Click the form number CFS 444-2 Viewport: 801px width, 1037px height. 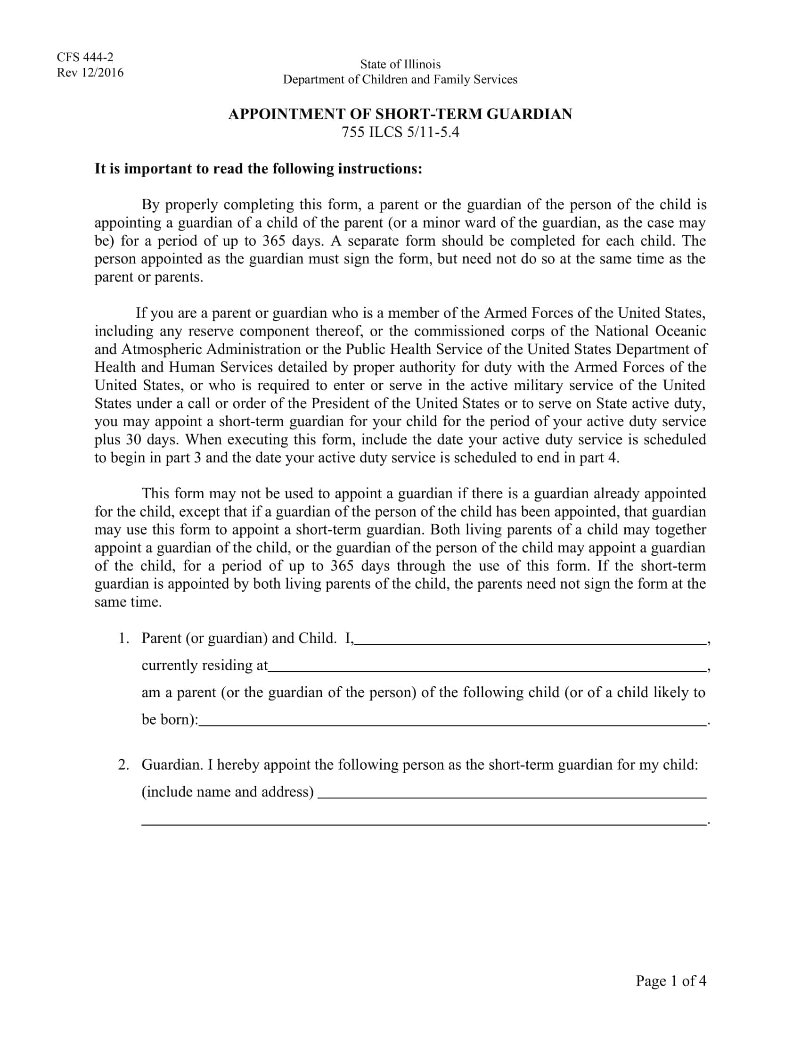point(85,58)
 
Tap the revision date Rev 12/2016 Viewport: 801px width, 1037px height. point(90,73)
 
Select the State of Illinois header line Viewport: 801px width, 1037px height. point(400,64)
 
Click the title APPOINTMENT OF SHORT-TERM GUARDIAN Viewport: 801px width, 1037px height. point(400,114)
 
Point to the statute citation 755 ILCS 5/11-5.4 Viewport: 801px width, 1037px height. point(400,132)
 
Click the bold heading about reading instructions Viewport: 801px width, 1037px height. point(258,169)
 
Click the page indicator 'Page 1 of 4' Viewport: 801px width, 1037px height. point(670,981)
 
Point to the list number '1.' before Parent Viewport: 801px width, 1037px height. point(124,638)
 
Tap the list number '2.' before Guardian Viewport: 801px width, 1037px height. point(124,765)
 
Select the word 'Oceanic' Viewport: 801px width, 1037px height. point(681,331)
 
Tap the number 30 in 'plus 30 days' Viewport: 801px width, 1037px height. point(133,440)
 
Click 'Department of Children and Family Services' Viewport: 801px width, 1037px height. point(400,79)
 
